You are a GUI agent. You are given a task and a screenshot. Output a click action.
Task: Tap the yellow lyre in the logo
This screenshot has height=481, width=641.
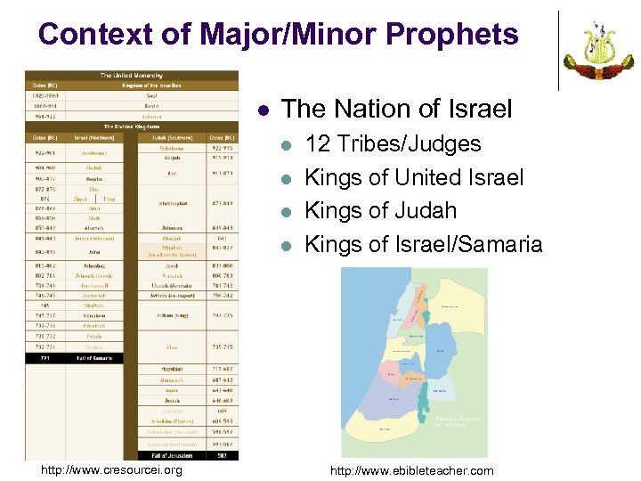coord(597,47)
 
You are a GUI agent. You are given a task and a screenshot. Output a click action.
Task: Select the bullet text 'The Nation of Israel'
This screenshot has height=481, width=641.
coord(396,109)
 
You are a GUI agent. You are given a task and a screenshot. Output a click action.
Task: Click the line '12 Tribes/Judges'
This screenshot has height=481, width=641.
coord(393,144)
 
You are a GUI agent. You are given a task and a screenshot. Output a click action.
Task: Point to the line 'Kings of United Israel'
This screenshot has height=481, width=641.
coord(414,177)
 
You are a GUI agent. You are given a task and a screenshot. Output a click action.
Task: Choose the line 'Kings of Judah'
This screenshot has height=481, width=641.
coord(380,210)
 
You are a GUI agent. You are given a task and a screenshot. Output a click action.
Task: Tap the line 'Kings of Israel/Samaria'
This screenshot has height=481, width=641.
coord(423,243)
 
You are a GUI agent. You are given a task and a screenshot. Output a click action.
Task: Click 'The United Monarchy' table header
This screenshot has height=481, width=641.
coord(131,76)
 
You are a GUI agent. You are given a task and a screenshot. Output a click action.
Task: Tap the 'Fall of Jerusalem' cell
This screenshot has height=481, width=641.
coord(172,455)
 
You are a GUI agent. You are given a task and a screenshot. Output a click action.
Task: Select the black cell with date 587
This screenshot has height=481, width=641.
coord(222,455)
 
